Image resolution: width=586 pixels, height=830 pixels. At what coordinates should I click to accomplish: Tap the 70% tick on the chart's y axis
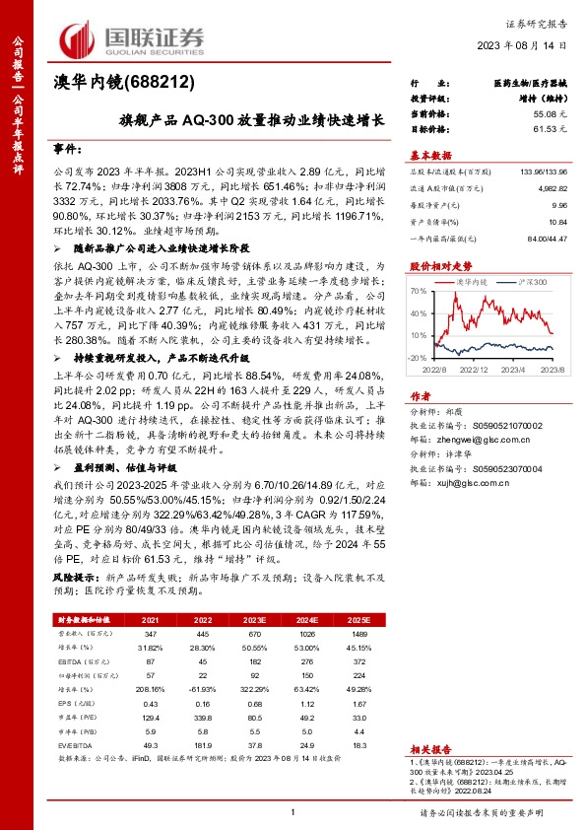click(x=418, y=292)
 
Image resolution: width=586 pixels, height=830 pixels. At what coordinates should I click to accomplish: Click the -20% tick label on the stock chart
click(x=417, y=358)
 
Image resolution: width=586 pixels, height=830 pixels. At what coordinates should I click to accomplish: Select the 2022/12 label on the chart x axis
click(x=477, y=369)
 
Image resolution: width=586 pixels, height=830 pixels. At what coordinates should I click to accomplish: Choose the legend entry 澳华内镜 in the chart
click(x=473, y=282)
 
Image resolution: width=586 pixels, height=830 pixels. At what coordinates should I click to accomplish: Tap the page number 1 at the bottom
click(x=293, y=811)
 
